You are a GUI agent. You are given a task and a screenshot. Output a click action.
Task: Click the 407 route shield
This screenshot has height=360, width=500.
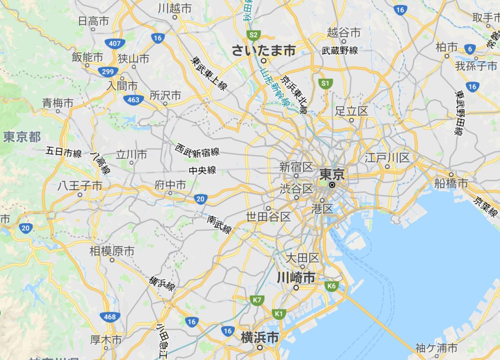tap(114, 44)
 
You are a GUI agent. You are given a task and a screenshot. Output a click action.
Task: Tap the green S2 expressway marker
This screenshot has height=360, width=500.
tap(253, 35)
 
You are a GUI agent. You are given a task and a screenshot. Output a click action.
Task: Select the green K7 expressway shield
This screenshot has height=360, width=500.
tap(257, 300)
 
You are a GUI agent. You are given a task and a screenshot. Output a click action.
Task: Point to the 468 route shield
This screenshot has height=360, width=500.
tap(110, 317)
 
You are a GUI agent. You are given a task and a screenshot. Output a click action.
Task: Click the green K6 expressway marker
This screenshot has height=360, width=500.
tap(331, 286)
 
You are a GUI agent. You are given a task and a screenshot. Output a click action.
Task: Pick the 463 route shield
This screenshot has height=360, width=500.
tap(133, 100)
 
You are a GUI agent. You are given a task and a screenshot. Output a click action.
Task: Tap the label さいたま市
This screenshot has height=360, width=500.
tap(263, 51)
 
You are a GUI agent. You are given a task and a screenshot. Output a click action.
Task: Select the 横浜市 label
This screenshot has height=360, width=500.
tap(260, 338)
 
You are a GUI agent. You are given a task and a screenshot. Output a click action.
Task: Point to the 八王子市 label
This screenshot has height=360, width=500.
tap(80, 186)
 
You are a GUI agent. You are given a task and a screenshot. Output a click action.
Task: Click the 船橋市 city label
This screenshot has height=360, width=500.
tap(451, 183)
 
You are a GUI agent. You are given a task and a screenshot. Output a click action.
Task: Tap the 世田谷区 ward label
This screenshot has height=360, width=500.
tap(268, 216)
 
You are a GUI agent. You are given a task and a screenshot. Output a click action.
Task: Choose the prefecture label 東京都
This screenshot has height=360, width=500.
tap(22, 137)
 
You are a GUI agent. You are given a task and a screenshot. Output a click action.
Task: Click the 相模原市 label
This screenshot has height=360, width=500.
tap(112, 251)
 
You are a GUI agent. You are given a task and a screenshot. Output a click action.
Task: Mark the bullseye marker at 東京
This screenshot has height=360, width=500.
tap(332, 184)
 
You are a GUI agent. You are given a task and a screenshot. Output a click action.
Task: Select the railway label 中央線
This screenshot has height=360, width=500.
tap(202, 171)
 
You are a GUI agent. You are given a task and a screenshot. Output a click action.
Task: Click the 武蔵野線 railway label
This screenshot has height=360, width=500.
tap(340, 51)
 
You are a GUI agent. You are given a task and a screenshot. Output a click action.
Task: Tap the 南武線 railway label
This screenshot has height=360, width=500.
tap(219, 224)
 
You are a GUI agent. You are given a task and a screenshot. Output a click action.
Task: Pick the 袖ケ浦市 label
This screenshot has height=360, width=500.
tap(436, 347)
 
